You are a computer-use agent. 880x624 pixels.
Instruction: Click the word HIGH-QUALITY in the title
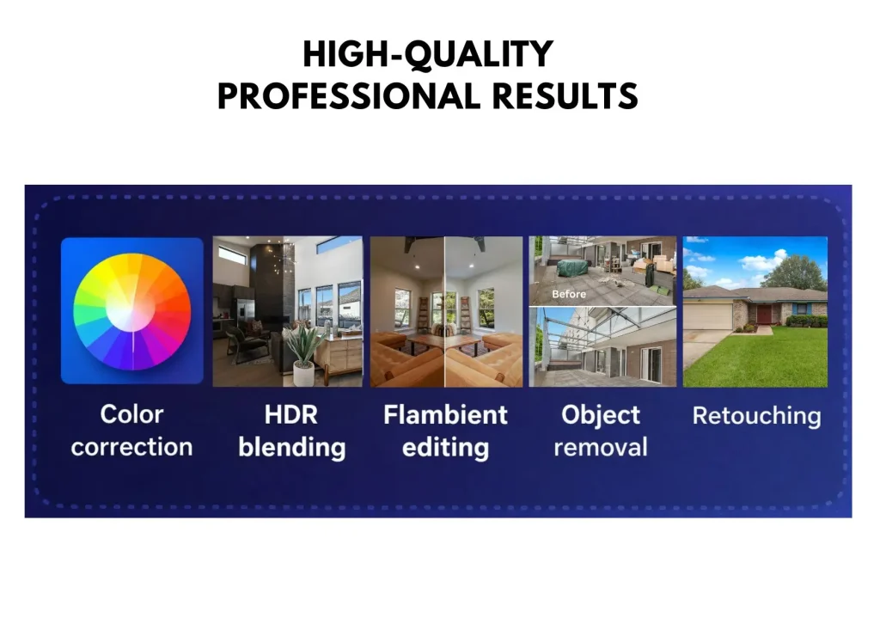[428, 54]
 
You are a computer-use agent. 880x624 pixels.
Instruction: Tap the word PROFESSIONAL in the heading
[349, 96]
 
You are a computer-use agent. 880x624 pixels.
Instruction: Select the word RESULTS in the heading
[565, 96]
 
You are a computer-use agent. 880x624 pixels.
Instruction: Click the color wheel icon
[131, 311]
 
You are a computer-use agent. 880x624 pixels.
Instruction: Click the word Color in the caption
[131, 414]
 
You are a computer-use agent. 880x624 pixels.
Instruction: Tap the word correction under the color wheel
[131, 447]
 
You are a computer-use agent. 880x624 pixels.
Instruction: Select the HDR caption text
[290, 415]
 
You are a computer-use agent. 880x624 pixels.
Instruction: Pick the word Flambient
[446, 415]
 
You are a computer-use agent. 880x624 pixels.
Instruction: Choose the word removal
[601, 448]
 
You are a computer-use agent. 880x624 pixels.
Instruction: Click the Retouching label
[756, 416]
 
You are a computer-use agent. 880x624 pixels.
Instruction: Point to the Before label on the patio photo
[569, 294]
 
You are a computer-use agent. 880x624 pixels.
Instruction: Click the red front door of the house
[764, 314]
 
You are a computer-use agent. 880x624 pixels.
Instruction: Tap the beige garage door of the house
[708, 316]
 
